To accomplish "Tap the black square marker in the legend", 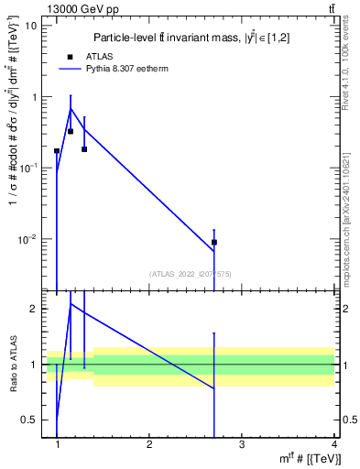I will pyautogui.click(x=70, y=56).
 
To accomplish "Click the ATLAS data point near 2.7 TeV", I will pyautogui.click(x=214, y=243).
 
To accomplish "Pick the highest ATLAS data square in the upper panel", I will pyautogui.click(x=71, y=131).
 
